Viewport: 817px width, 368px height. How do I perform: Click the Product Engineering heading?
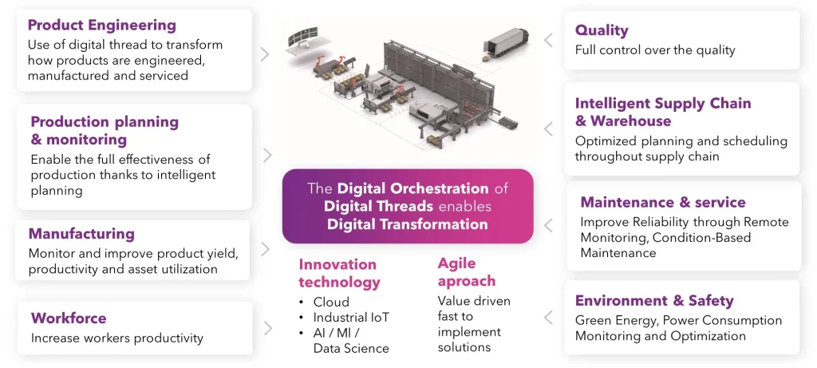click(101, 26)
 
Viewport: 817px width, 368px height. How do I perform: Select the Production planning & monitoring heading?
click(104, 131)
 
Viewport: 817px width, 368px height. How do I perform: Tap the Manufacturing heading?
click(81, 234)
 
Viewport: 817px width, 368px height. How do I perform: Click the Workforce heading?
click(68, 319)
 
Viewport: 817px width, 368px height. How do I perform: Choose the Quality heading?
click(602, 30)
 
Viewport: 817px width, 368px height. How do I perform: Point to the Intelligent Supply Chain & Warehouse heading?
click(662, 112)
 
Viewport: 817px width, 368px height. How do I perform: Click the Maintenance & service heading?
click(662, 202)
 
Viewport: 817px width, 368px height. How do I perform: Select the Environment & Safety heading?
click(653, 301)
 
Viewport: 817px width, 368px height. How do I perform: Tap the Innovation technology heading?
click(339, 273)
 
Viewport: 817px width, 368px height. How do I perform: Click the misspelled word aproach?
click(467, 281)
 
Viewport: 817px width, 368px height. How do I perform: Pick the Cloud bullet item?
click(331, 303)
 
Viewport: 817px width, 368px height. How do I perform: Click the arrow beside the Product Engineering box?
click(265, 54)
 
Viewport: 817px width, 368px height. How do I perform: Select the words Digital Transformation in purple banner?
click(407, 224)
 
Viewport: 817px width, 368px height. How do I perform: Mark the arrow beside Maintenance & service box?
click(549, 226)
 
